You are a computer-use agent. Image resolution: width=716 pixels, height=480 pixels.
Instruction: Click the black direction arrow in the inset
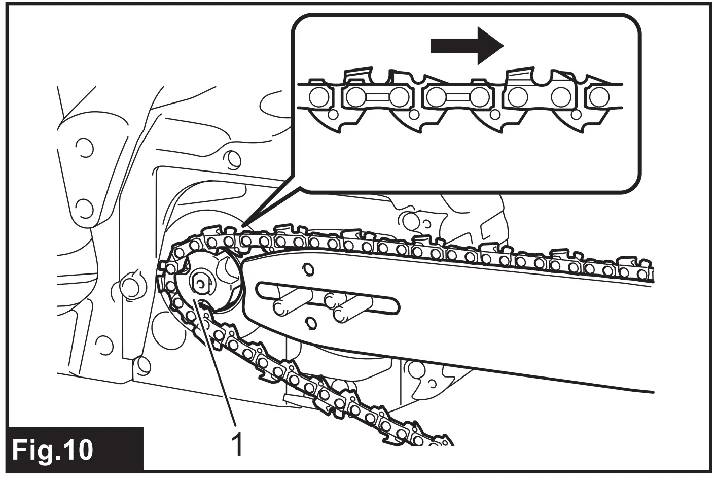click(x=467, y=46)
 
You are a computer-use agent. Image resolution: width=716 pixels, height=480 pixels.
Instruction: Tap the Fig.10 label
click(x=53, y=449)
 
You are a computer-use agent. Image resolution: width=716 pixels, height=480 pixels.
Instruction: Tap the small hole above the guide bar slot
click(x=306, y=268)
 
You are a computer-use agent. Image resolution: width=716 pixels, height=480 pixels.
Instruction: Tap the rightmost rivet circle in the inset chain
click(x=599, y=96)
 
